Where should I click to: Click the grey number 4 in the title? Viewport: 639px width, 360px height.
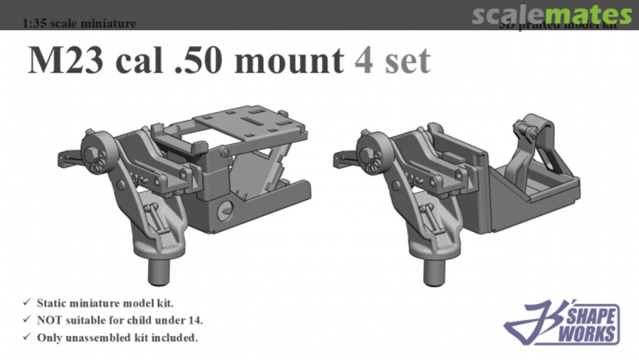click(x=364, y=60)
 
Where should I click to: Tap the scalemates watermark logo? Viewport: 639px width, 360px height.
click(x=551, y=15)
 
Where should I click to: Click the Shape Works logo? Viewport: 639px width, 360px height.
click(x=562, y=323)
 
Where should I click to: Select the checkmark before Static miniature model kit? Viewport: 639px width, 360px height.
click(x=27, y=303)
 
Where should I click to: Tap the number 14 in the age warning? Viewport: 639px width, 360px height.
click(x=196, y=320)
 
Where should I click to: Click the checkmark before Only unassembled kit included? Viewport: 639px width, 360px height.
click(x=27, y=338)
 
